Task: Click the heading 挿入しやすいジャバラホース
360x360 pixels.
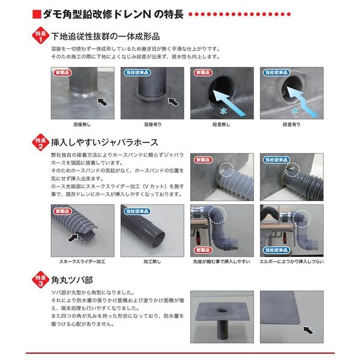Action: (105, 143)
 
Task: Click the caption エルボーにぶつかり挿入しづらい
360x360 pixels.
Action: (291, 262)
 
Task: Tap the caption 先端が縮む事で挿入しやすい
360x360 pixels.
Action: (222, 262)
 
